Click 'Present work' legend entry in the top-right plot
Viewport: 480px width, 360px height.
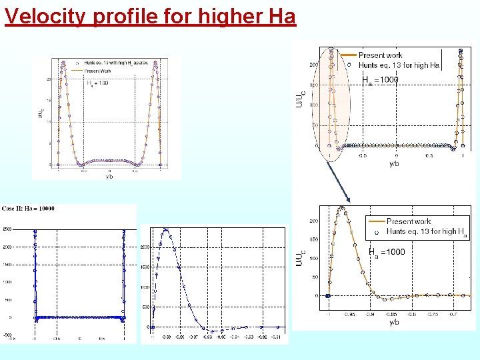coord(380,55)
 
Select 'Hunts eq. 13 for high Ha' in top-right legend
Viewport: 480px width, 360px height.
coord(399,65)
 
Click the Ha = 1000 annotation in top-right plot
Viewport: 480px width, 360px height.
coord(381,80)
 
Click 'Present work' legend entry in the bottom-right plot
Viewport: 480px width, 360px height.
coord(408,221)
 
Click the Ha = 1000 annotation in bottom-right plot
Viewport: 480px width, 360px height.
coord(386,252)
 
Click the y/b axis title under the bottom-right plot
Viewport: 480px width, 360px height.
coord(393,322)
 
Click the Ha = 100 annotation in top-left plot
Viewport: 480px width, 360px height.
coord(99,83)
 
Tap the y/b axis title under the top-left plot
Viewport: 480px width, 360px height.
coord(109,177)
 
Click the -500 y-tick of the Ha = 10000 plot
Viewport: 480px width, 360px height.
coord(7,335)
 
